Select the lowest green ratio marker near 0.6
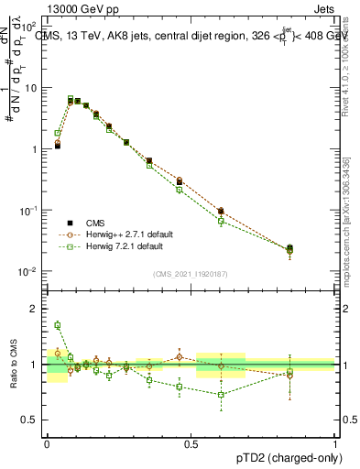pyautogui.click(x=221, y=395)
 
